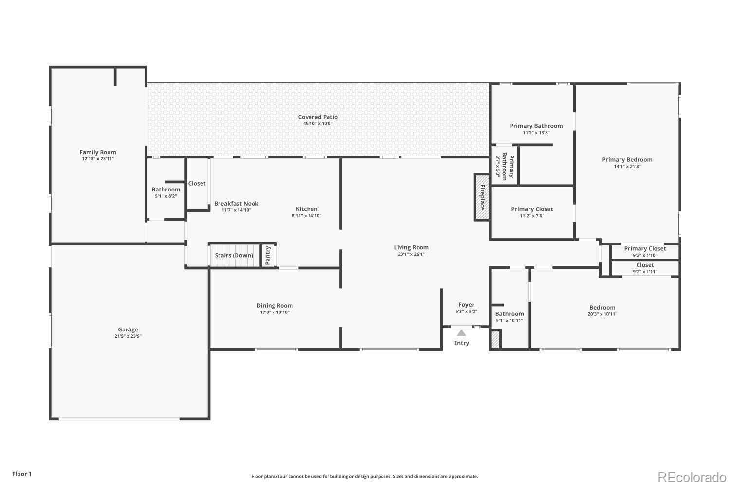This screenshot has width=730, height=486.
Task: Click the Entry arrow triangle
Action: pyautogui.click(x=461, y=333)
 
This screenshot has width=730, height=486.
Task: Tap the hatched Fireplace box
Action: pyautogui.click(x=482, y=197)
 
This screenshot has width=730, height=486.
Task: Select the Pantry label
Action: pyautogui.click(x=268, y=256)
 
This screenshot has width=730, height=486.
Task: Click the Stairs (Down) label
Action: pyautogui.click(x=234, y=255)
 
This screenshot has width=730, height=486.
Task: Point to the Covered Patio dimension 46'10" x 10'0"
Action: pyautogui.click(x=318, y=124)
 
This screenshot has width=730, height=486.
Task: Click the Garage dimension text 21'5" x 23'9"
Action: pyautogui.click(x=128, y=336)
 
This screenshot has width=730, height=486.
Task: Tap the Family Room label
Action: pyautogui.click(x=98, y=152)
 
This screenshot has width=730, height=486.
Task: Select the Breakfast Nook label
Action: pyautogui.click(x=236, y=204)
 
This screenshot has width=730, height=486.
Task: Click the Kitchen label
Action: pyautogui.click(x=307, y=209)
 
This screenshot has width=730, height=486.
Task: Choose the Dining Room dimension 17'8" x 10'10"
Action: pyautogui.click(x=275, y=312)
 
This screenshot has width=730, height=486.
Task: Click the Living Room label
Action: pyautogui.click(x=411, y=247)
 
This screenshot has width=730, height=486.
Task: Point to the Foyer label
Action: pyautogui.click(x=466, y=305)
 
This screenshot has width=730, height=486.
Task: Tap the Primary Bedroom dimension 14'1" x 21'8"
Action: pyautogui.click(x=627, y=166)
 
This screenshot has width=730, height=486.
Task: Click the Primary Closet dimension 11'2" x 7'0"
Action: pyautogui.click(x=532, y=216)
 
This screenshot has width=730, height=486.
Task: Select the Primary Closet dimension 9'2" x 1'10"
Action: pyautogui.click(x=645, y=255)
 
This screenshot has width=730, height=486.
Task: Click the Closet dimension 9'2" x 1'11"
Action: pyautogui.click(x=645, y=272)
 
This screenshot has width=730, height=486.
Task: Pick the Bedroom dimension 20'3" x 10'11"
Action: pyautogui.click(x=602, y=314)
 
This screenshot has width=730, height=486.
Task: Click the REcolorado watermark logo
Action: pyautogui.click(x=692, y=478)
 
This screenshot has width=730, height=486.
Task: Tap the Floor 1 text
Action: pyautogui.click(x=22, y=474)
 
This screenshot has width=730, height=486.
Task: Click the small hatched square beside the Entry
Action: pyautogui.click(x=495, y=340)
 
